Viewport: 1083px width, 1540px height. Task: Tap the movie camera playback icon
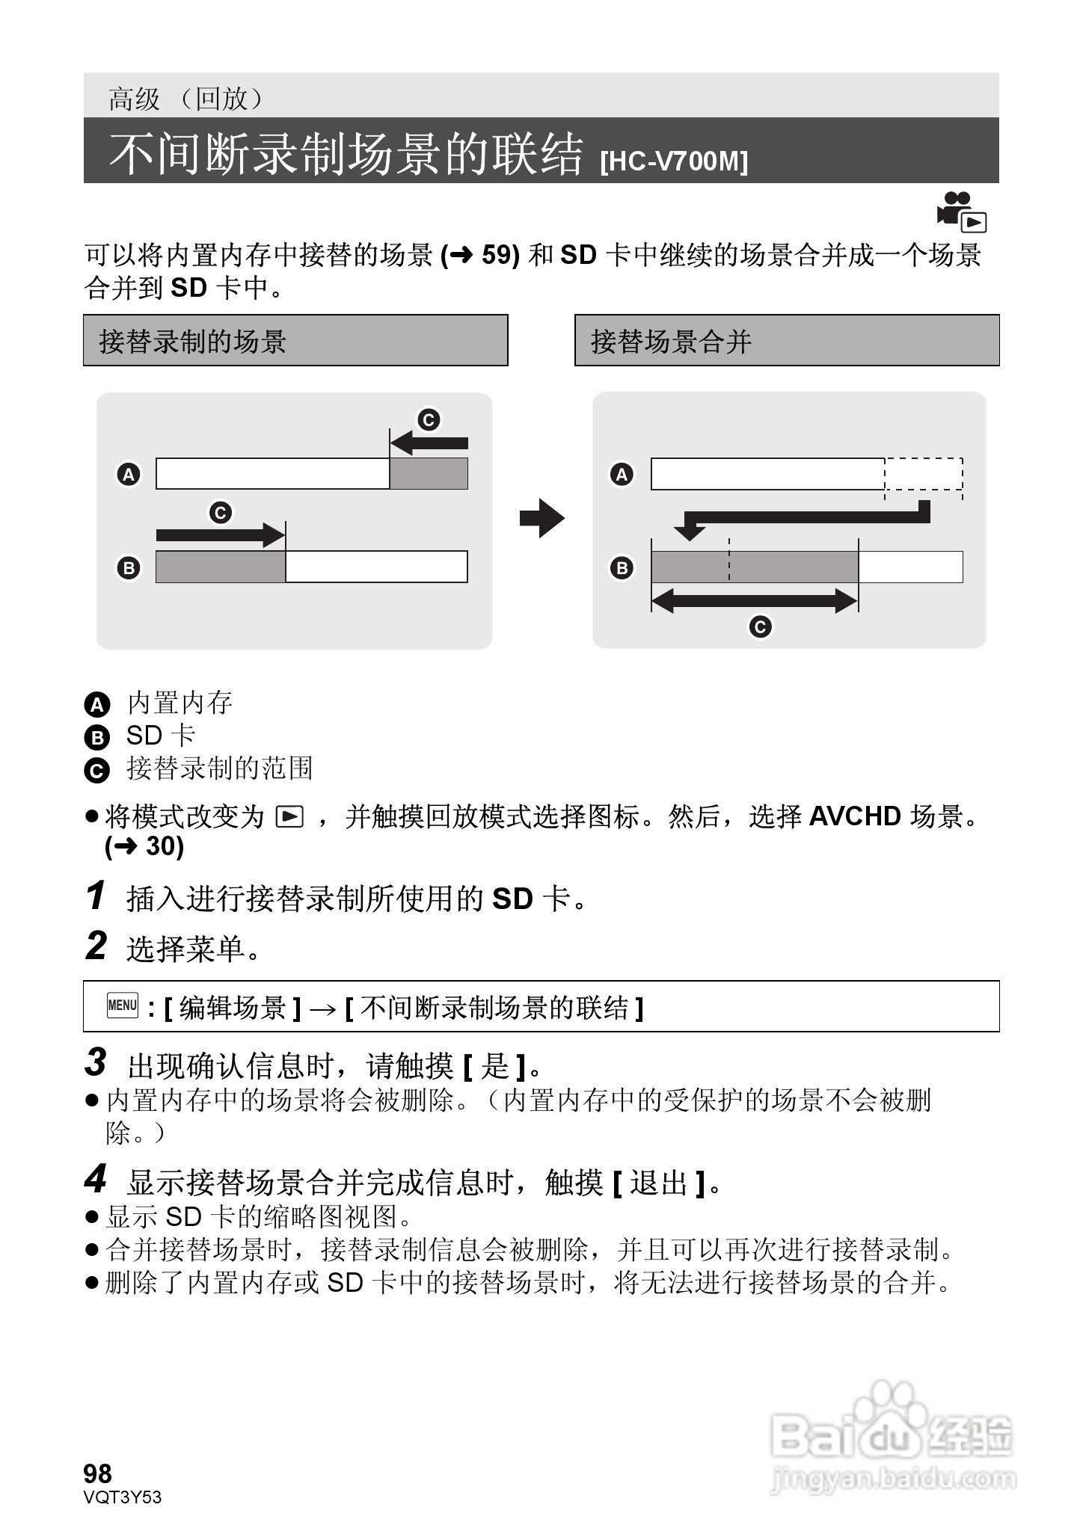962,212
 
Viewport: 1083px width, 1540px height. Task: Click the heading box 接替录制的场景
295,341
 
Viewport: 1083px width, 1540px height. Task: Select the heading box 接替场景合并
786,341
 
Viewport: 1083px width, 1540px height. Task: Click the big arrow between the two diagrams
541,518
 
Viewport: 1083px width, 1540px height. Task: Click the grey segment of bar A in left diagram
429,474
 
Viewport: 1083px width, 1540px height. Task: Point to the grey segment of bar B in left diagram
221,567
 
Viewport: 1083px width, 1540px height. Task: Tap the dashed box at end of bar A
924,474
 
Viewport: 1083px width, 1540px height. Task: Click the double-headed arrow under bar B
754,600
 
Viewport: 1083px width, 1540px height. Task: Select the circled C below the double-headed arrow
760,626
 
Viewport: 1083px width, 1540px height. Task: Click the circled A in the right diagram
622,474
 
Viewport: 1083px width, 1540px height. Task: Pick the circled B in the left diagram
129,567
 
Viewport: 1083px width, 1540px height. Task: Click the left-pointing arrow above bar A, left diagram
429,443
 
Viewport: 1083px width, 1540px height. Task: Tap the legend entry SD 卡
160,736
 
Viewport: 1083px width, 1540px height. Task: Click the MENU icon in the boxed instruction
123,1005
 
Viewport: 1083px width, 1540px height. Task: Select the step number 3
96,1062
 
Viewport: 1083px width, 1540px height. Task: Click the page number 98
98,1473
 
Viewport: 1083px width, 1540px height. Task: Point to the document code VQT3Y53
123,1497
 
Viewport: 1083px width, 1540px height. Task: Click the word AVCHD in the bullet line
855,816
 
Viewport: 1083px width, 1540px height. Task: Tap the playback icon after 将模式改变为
289,817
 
